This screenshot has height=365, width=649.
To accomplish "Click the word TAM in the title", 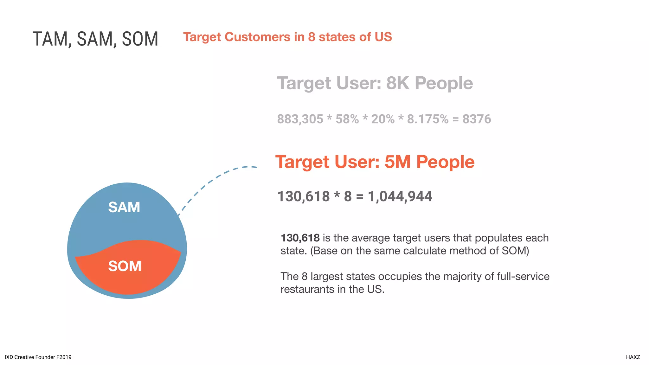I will pos(50,39).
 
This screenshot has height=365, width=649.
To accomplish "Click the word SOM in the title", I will pos(140,39).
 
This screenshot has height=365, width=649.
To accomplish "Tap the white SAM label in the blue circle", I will pos(124,207).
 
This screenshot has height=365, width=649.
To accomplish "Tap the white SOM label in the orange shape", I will pos(125,266).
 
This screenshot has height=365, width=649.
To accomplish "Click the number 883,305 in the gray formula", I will pos(300,119).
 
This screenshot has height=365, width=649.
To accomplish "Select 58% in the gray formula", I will pos(347,119).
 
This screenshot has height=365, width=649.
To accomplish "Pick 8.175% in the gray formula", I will pos(427,119).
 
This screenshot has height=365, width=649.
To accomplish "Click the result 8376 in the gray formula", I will pos(477,119).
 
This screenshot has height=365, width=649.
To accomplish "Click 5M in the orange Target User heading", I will pos(398,162).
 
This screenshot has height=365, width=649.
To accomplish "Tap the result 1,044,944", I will pos(400,196).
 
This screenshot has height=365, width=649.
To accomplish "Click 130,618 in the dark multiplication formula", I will pos(304,196).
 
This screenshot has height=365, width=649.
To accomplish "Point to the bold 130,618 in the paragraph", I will pos(300,238).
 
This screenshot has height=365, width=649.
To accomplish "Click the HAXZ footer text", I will pos(633,357).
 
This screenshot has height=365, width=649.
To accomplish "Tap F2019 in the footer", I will pos(64,357).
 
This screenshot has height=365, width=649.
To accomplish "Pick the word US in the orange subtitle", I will pos(383,37).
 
